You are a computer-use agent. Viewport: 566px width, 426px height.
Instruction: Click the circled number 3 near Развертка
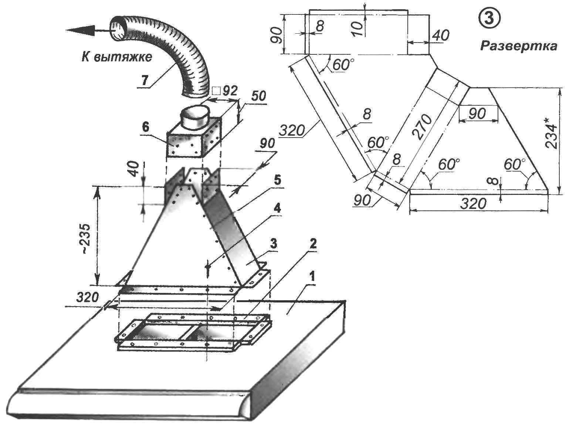489,19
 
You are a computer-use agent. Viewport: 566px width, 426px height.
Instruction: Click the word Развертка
518,46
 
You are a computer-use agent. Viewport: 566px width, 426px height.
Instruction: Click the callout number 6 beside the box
145,128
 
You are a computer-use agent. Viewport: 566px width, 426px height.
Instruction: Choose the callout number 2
312,244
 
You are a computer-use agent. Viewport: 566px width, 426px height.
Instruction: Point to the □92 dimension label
225,90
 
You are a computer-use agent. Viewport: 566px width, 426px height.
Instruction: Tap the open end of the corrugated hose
119,29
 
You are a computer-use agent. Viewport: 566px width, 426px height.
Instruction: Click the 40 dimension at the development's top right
440,35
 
